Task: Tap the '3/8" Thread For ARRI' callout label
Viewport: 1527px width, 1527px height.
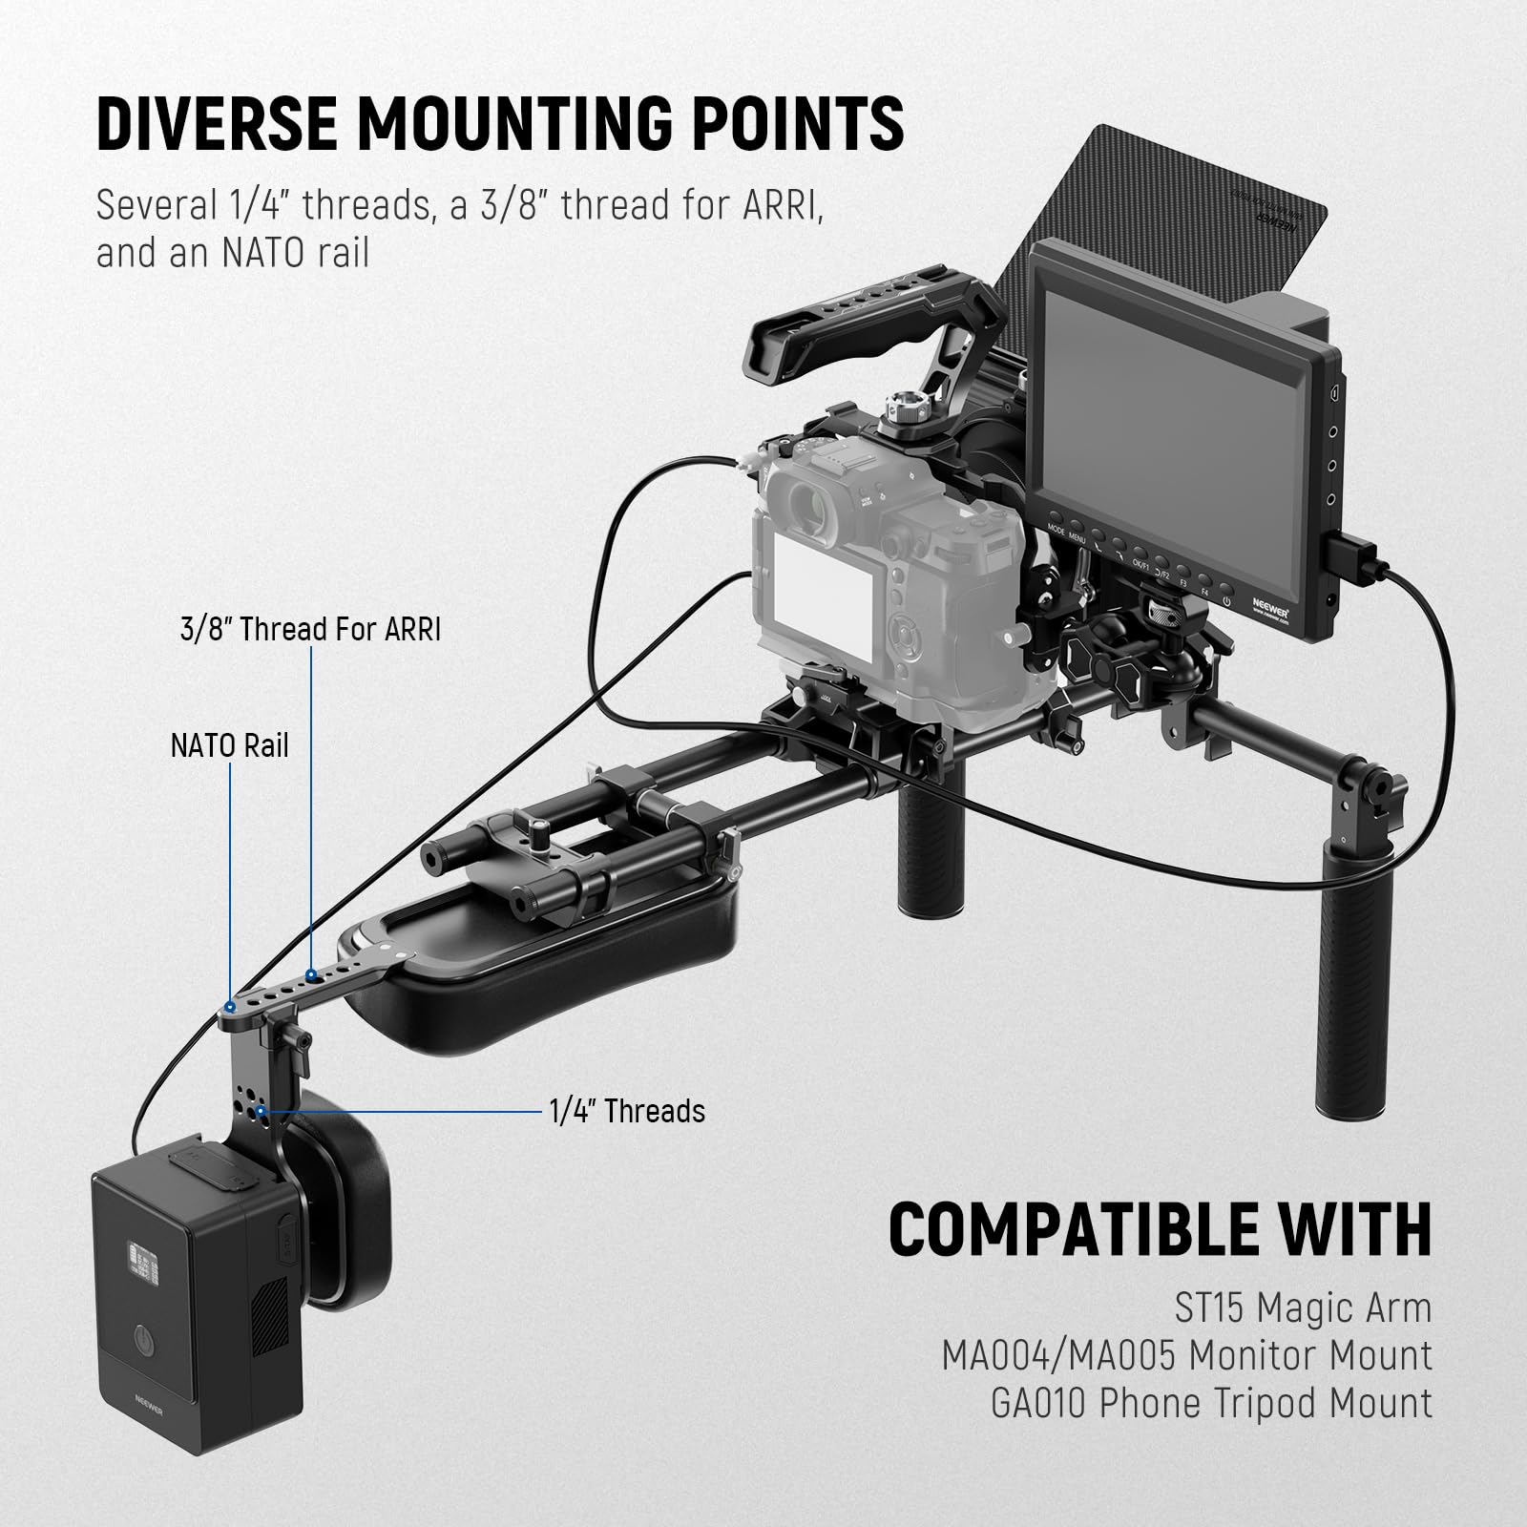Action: [311, 631]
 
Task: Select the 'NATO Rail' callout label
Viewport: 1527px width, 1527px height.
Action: [229, 745]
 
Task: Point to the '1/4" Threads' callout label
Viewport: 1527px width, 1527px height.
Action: [627, 1112]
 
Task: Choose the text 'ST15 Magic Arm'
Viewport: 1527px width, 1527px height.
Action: [1303, 1308]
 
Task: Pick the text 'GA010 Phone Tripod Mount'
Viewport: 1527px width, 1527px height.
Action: [1211, 1404]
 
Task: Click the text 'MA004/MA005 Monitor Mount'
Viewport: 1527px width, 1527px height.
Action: [1186, 1356]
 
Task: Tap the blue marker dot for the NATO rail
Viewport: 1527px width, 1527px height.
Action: [230, 1008]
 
